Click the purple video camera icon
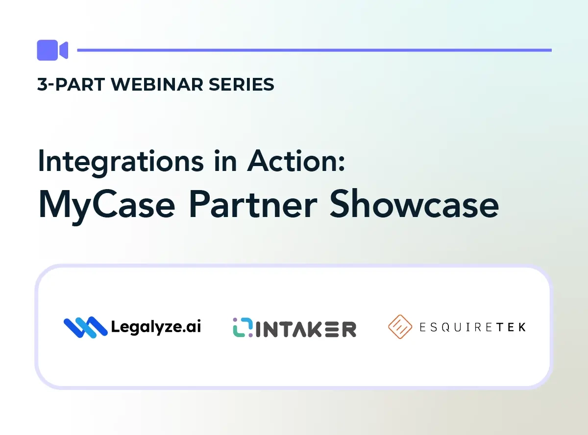coord(52,50)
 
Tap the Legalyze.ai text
coord(156,327)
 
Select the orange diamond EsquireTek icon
coord(400,327)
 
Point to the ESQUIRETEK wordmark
coord(473,327)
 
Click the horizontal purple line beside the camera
coord(314,50)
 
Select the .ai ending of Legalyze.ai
coord(192,327)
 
